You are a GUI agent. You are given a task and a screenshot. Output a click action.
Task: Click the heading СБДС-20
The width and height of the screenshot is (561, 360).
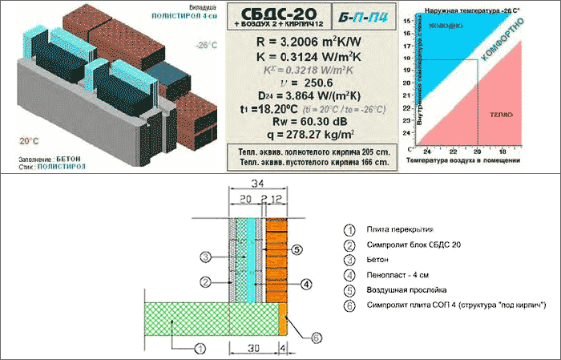(272, 14)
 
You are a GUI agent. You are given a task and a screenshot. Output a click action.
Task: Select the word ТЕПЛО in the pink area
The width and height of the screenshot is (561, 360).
(503, 115)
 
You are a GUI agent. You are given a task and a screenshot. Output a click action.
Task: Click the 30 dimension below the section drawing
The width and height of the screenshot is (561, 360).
(253, 349)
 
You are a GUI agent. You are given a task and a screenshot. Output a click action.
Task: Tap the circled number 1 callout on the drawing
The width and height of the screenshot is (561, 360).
(200, 346)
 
